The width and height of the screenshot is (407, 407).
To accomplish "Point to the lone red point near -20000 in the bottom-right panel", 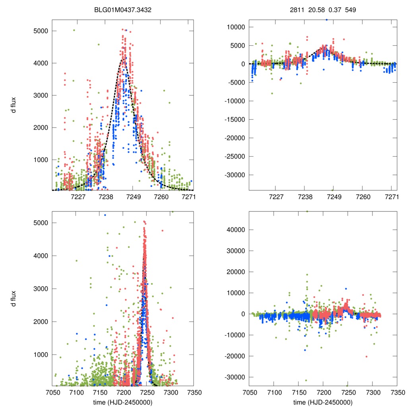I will click(x=366, y=357).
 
